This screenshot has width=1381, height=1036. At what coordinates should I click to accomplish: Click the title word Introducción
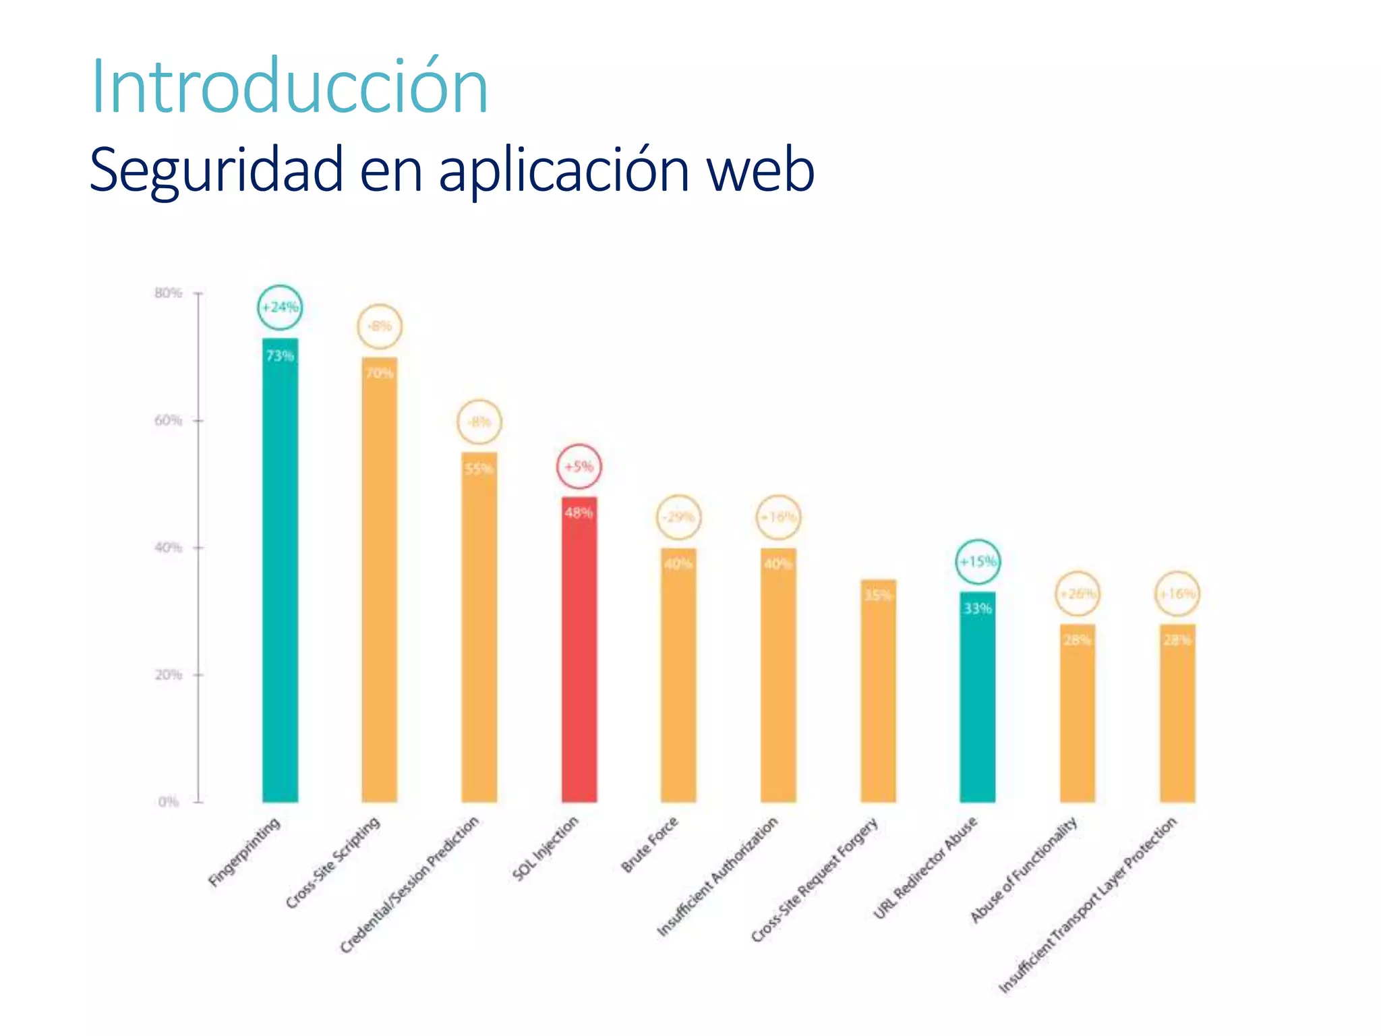point(290,88)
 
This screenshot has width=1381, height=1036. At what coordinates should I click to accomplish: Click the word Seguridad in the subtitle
point(216,170)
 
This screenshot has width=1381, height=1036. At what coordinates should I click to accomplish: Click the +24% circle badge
point(280,308)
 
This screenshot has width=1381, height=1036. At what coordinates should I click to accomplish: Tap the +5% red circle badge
point(579,467)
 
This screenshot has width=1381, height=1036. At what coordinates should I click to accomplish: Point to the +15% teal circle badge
point(978,562)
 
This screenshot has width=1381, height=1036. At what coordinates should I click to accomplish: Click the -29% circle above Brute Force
point(678,517)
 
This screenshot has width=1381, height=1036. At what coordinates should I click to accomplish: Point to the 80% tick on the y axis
point(169,293)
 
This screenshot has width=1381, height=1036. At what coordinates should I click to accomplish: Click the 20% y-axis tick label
point(169,674)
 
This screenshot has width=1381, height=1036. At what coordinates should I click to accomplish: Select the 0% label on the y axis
point(169,802)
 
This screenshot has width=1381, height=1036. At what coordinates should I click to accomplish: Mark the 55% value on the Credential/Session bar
point(479,469)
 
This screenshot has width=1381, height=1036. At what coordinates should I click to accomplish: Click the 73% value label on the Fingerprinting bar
point(280,355)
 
